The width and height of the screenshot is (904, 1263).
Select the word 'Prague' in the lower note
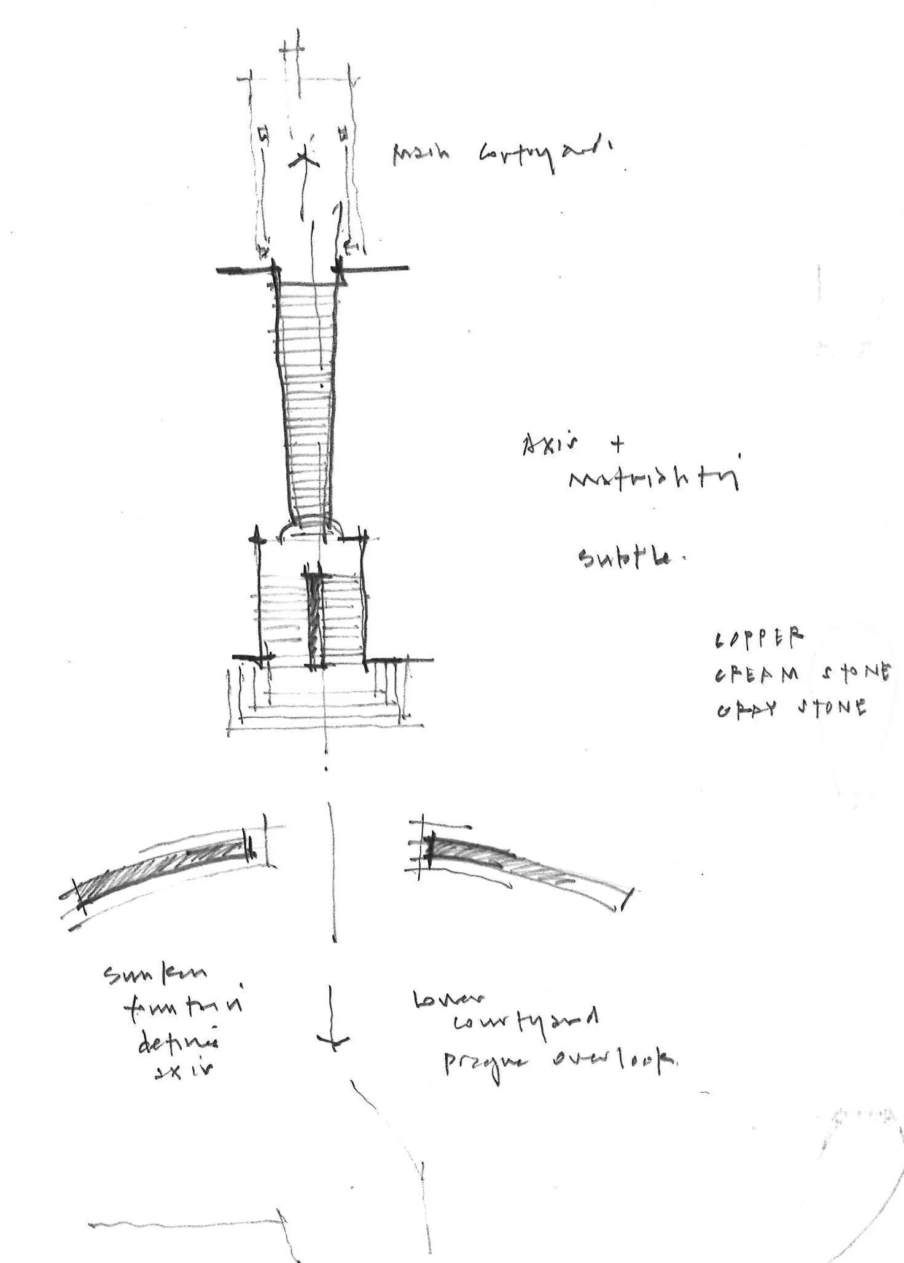click(485, 1063)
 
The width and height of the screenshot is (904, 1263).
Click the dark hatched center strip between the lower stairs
click(315, 618)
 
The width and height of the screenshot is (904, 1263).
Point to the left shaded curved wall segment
click(160, 870)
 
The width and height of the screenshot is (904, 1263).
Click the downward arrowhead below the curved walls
click(333, 1039)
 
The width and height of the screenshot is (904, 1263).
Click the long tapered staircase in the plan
click(307, 399)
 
